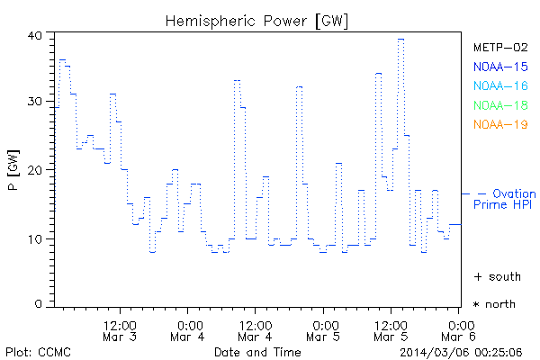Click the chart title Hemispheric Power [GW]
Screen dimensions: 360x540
click(x=257, y=19)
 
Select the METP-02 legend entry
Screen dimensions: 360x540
click(x=500, y=47)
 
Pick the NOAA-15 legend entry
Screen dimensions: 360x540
click(x=500, y=67)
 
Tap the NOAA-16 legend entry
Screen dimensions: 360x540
click(x=500, y=85)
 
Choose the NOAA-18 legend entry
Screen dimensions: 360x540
click(x=500, y=105)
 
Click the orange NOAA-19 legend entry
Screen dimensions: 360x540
click(x=500, y=124)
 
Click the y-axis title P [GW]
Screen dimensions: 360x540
click(x=13, y=170)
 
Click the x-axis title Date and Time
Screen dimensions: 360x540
click(x=257, y=351)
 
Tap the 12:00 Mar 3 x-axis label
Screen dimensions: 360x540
click(x=121, y=330)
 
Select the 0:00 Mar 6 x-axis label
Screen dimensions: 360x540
click(x=460, y=330)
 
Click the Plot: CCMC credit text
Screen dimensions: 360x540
click(x=38, y=351)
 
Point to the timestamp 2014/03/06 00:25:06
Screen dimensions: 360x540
click(x=463, y=351)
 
